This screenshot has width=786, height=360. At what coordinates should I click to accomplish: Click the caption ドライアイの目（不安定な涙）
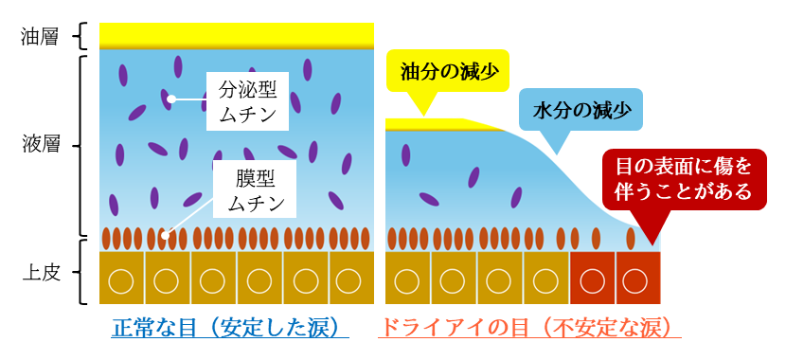pos(529,328)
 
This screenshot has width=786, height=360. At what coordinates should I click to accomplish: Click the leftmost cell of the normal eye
pos(123,280)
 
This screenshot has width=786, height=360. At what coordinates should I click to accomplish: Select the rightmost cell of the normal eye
pos(349,280)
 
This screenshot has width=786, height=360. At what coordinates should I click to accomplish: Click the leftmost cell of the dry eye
pos(407,280)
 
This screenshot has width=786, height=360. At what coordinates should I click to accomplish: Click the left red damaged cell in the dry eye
pos(593,280)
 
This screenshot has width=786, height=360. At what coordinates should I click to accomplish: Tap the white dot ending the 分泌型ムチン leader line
pos(171,99)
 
